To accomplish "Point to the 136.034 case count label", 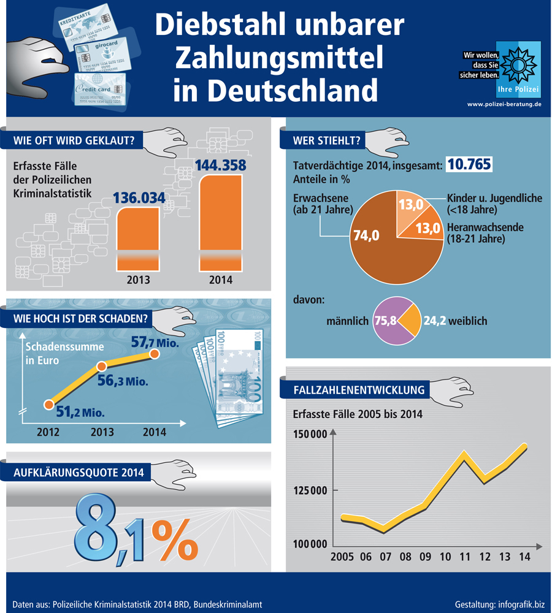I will (x=139, y=198).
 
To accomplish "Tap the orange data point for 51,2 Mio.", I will (x=48, y=405).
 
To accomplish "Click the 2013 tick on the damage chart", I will (x=102, y=432).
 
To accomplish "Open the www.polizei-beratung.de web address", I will (x=504, y=104).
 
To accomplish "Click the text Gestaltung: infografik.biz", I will (x=499, y=604).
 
